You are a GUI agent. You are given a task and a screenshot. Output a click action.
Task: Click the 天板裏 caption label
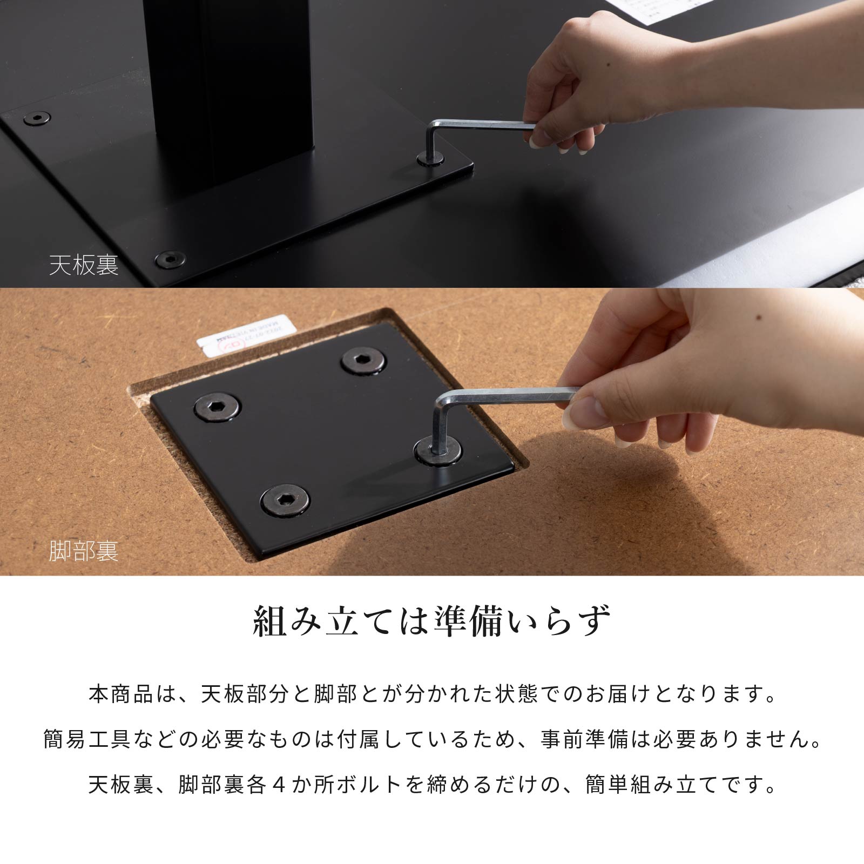pyautogui.click(x=84, y=266)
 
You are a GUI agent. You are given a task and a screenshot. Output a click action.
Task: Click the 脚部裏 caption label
pyautogui.click(x=84, y=551)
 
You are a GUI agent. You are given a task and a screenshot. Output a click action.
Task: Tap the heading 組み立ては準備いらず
pyautogui.click(x=432, y=621)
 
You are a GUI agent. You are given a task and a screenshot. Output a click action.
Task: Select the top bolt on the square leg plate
pyautogui.click(x=364, y=360)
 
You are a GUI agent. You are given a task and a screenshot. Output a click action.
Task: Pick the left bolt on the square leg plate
pyautogui.click(x=217, y=406)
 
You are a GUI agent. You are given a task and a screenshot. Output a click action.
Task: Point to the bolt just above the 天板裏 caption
pyautogui.click(x=170, y=259)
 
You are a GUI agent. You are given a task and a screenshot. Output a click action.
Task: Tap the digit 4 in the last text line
pyautogui.click(x=279, y=785)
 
